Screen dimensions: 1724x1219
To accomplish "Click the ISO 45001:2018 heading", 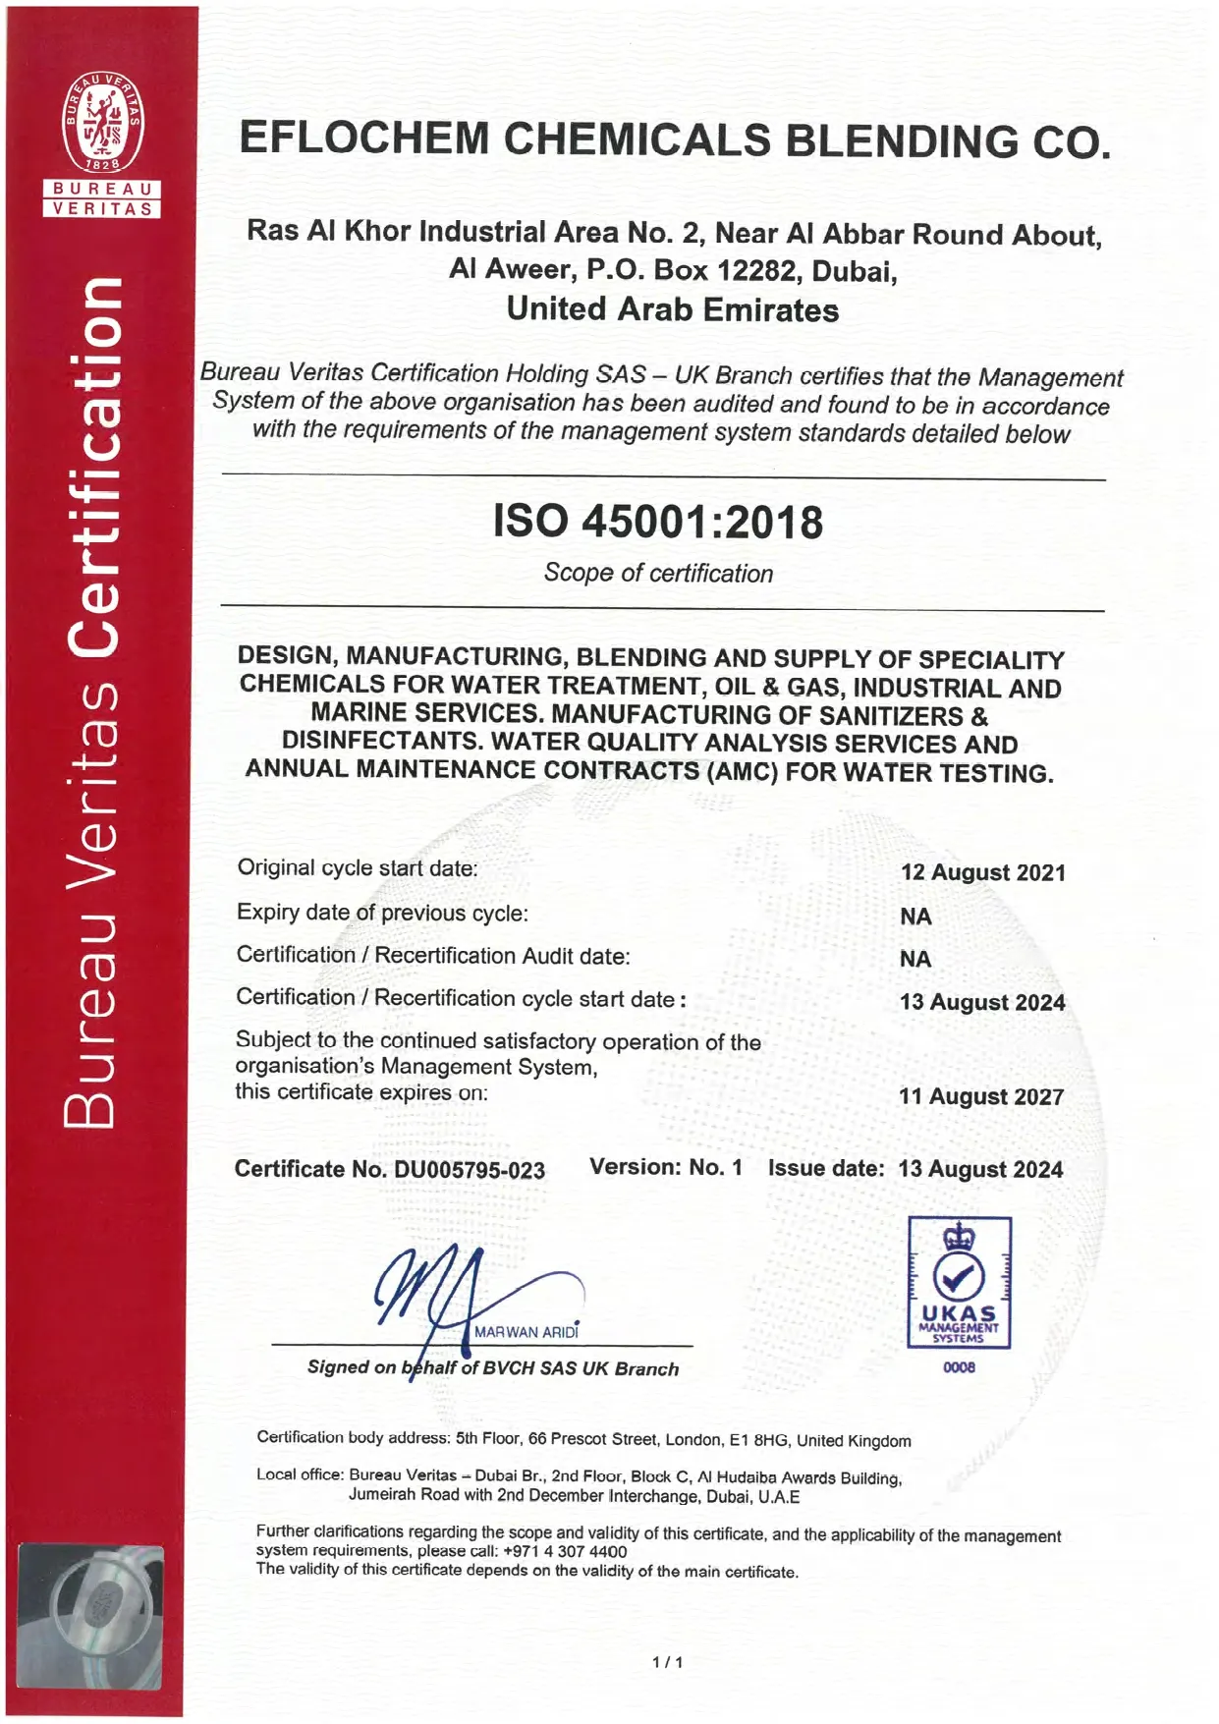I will (657, 522).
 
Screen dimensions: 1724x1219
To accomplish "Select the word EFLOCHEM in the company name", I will (362, 139).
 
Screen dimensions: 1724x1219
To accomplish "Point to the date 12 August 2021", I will (982, 872).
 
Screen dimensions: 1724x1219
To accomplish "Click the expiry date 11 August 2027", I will (980, 1096).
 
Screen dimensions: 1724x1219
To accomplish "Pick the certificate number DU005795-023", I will (470, 1170).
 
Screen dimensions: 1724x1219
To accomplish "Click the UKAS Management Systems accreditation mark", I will (959, 1282).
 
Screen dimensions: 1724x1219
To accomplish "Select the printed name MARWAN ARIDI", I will (526, 1332).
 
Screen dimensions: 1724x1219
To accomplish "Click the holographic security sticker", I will (90, 1616).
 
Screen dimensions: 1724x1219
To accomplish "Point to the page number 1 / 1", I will (667, 1662).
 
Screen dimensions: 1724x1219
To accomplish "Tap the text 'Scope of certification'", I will (658, 573).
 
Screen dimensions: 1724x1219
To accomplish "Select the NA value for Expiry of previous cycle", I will (915, 917).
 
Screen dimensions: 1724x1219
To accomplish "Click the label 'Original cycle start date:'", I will (358, 868).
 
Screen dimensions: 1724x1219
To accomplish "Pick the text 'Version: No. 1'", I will (666, 1167).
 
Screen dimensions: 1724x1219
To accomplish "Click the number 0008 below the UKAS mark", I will (959, 1367).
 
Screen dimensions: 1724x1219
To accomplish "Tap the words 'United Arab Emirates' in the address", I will (672, 310).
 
